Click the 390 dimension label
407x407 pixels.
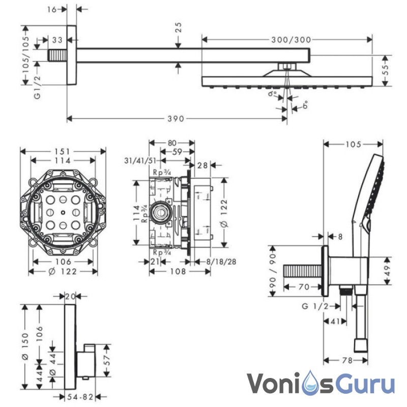[176, 119]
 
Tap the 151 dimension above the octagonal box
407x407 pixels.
[63, 151]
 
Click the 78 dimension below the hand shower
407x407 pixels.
[346, 360]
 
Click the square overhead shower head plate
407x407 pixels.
[287, 80]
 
